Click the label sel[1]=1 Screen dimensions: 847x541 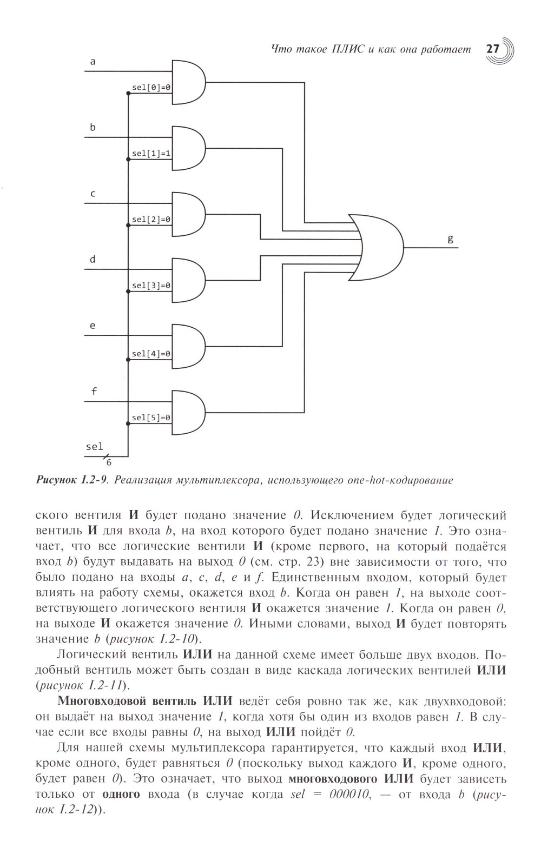click(151, 154)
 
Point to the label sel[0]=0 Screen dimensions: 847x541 click(151, 88)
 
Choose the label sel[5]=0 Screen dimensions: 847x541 click(151, 418)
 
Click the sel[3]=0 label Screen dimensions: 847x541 click(151, 286)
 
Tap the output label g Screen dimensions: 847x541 click(450, 239)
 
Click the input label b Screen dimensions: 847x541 click(93, 128)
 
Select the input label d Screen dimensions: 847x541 click(93, 260)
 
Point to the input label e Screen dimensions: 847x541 click(93, 326)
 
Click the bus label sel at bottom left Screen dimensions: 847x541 click(94, 447)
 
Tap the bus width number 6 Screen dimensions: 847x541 click(108, 463)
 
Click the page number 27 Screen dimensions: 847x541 click(492, 49)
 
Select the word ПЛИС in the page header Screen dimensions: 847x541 click(346, 50)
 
